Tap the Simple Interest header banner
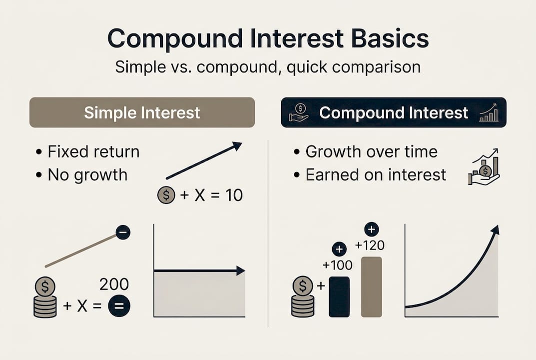142,112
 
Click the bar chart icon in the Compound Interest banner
489,113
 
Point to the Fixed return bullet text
93,151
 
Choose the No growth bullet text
87,174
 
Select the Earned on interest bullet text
376,174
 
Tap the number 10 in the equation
233,195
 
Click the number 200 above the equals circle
114,284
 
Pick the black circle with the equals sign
119,306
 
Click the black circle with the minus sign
123,232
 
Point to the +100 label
338,265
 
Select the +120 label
370,245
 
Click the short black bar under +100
339,296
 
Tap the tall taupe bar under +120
371,286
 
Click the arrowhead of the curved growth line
495,229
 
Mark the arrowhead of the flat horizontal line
241,271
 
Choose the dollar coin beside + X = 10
166,195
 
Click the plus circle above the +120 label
371,229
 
